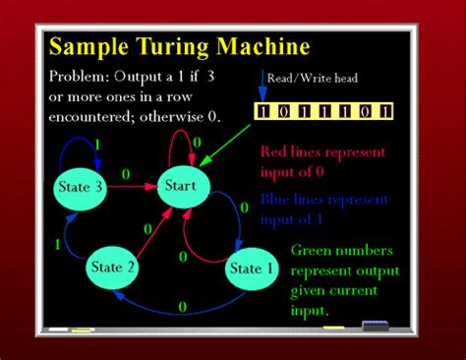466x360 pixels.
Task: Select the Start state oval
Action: [181, 185]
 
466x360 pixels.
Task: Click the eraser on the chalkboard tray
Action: [376, 325]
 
